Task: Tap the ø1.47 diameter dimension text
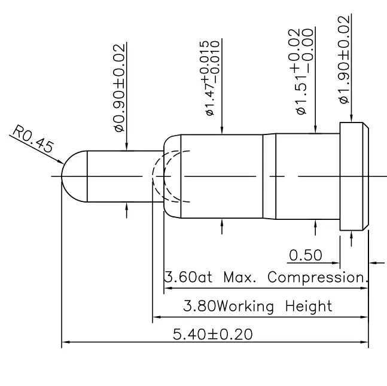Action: click(x=212, y=78)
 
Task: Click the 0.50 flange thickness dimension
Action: click(x=305, y=256)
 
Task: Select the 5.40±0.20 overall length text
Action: click(x=212, y=333)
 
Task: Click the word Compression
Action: click(x=317, y=278)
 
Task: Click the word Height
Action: click(x=307, y=307)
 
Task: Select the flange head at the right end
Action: click(x=353, y=176)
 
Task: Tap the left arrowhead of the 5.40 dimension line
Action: click(x=65, y=343)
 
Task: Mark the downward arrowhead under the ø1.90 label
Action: click(x=352, y=119)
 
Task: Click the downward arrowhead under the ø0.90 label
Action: click(x=126, y=146)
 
